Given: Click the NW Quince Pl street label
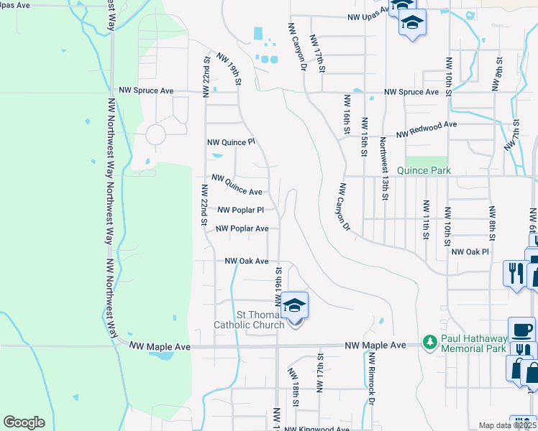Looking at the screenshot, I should (231, 142).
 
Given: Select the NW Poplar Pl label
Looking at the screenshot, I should (240, 210).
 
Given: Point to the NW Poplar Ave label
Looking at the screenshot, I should (242, 228).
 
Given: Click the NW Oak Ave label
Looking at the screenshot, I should (246, 261).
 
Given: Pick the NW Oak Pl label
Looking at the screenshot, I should (470, 252).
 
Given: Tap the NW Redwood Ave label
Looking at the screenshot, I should (427, 124).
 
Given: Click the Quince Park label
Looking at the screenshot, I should (428, 171).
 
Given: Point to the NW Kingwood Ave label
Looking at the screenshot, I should (316, 428).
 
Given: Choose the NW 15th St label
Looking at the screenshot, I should (365, 137).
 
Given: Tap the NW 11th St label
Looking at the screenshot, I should (426, 219).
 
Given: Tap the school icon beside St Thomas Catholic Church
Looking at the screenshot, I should (294, 307).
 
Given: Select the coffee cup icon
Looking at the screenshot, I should (521, 330).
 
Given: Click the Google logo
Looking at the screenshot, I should (24, 422).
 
